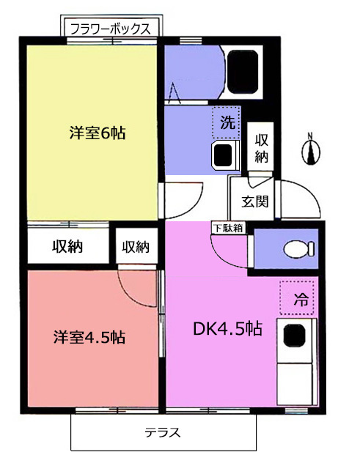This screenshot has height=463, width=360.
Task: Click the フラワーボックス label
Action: click(111, 29)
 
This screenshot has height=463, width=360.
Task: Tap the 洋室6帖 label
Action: click(98, 133)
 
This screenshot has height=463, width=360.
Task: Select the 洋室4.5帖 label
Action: click(89, 337)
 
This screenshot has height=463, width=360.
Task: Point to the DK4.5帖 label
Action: click(227, 328)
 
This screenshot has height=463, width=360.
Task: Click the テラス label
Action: click(163, 432)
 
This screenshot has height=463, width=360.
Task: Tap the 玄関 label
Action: click(254, 201)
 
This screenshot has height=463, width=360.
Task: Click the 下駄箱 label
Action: click(228, 228)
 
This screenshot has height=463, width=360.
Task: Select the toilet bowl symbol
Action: click(299, 249)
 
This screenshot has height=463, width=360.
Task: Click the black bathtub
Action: click(243, 71)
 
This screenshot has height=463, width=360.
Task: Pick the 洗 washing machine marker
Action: click(227, 122)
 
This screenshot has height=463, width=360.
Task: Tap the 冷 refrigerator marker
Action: click(297, 297)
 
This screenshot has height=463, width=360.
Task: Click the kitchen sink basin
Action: click(294, 336)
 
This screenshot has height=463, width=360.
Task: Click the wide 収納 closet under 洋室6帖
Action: click(67, 245)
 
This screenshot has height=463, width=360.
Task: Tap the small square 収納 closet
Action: click(136, 245)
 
